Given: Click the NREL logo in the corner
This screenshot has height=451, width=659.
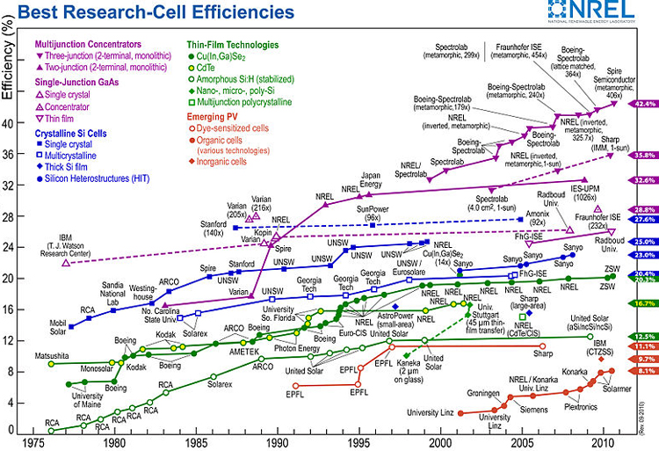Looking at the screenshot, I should [599, 11].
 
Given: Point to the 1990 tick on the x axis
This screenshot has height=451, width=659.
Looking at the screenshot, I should [277, 443].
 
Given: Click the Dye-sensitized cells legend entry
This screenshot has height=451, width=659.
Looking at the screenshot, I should [235, 127].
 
